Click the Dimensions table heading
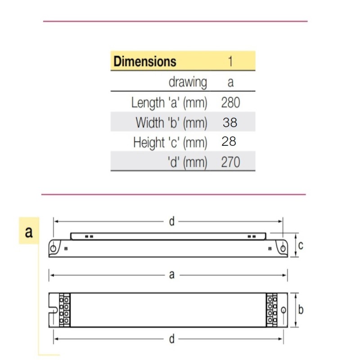145,61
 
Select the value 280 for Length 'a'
230,103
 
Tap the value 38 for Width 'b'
230,122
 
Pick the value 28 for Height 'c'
229,141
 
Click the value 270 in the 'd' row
230,162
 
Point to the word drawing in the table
188,82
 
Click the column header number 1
230,61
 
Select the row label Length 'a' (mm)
169,103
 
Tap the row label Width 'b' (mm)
171,122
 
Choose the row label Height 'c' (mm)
170,142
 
